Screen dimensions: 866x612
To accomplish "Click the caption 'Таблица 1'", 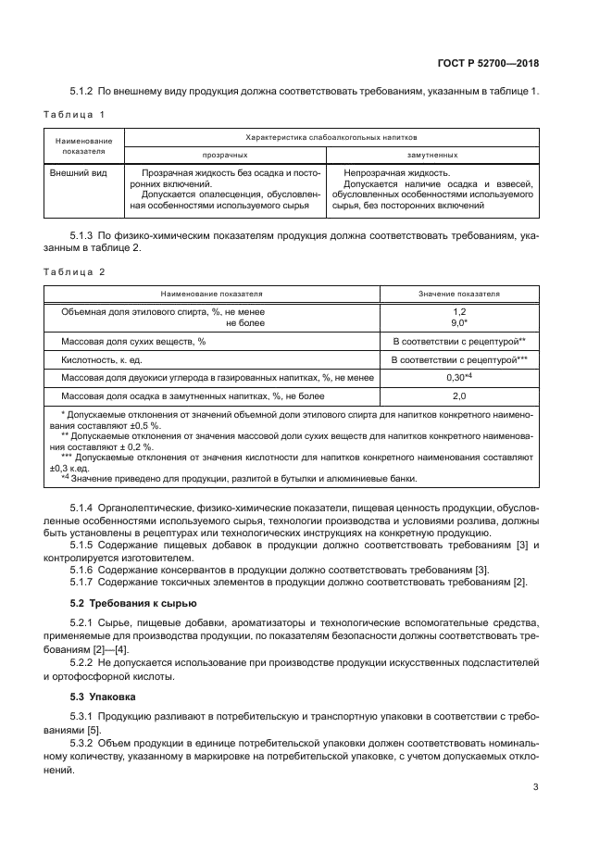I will point(74,114).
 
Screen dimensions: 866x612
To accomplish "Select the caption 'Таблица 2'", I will point(74,271).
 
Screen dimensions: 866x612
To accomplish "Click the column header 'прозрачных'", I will point(225,155).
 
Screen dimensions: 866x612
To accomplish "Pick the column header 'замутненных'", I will point(432,155).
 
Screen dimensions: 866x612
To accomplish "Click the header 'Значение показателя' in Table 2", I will point(459,294).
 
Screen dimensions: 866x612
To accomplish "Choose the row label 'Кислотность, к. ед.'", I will point(101,359).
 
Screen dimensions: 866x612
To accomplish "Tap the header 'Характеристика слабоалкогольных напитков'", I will point(331,136).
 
